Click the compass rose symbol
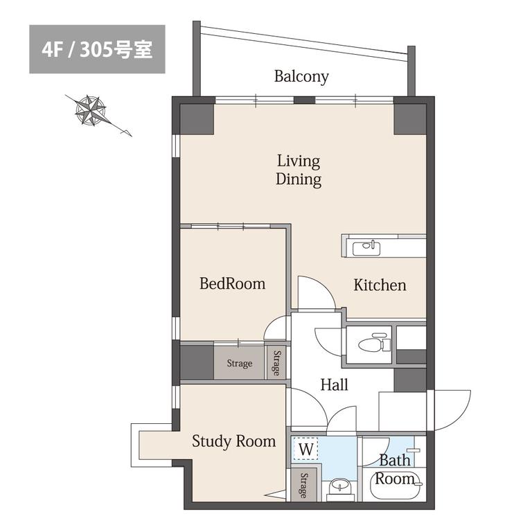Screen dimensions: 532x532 pos(91,111)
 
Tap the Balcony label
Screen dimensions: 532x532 pos(301,76)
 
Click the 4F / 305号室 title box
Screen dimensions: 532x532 pos(98,49)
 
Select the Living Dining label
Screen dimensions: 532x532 pos(299,170)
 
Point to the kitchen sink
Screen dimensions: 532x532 pos(366,249)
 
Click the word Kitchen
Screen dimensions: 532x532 pos(380,285)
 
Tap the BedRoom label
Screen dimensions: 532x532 pos(233,283)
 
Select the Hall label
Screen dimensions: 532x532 pos(334,384)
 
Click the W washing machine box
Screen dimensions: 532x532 pos(305,449)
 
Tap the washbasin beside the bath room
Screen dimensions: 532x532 pos(340,486)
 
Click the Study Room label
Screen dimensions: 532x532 pos(233,441)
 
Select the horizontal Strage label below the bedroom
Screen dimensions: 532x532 pos(240,364)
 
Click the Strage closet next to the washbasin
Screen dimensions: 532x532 pos(303,485)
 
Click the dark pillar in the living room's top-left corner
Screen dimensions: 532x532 pos(197,119)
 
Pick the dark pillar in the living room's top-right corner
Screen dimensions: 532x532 pos(410,119)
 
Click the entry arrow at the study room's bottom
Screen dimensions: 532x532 pos(275,495)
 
